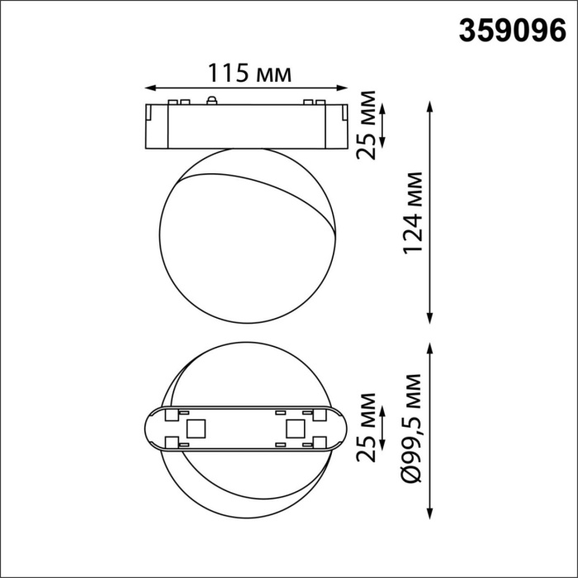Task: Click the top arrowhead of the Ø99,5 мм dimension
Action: click(x=429, y=346)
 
